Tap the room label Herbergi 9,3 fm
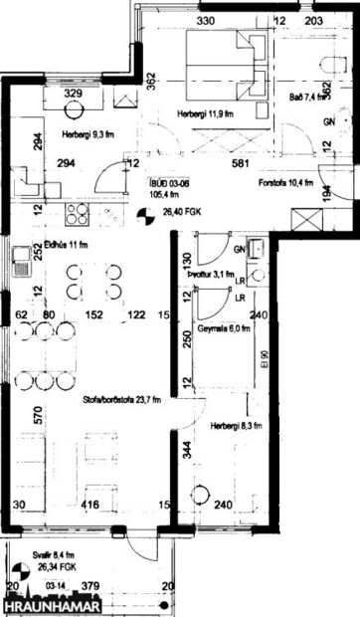87,134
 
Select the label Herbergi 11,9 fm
205,113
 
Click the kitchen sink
21,263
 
